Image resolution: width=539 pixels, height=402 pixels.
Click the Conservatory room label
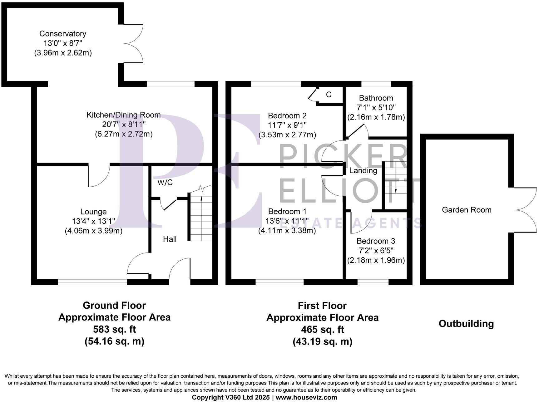(x=63, y=34)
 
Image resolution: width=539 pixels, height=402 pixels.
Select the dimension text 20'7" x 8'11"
(x=124, y=125)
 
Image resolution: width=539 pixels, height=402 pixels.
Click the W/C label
(x=165, y=183)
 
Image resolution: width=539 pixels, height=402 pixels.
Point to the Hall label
(x=170, y=239)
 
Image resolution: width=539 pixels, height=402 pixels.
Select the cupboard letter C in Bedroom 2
(x=329, y=95)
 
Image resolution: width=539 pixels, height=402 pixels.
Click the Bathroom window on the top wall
(x=376, y=84)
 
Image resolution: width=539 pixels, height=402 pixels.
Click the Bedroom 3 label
(x=376, y=241)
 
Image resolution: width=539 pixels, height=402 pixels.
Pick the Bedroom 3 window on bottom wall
(x=373, y=282)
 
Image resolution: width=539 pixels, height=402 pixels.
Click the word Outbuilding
(x=466, y=324)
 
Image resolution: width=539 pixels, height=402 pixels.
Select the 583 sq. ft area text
(x=114, y=329)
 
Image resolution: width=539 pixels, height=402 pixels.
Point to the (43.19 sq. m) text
(x=322, y=341)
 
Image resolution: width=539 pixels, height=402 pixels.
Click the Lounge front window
(x=92, y=282)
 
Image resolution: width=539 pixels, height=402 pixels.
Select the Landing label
(x=363, y=171)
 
